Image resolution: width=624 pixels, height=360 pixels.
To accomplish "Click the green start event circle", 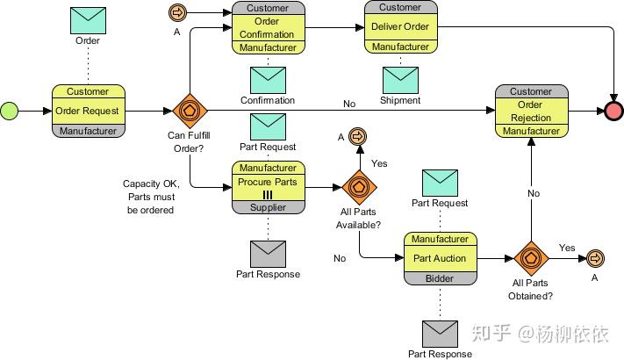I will [x=10, y=112].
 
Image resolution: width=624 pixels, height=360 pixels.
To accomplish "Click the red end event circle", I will [x=613, y=112].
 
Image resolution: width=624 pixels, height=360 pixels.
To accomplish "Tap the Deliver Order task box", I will [x=400, y=26].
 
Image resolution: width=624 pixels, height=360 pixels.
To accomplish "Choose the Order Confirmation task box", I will [x=268, y=28].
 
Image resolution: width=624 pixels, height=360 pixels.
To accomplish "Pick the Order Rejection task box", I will [x=531, y=112].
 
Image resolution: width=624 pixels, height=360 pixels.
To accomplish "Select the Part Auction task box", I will [x=440, y=258].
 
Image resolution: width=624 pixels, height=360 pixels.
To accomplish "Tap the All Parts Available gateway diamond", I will [x=358, y=187].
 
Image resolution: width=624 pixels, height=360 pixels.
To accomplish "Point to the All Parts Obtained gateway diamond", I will [x=530, y=258].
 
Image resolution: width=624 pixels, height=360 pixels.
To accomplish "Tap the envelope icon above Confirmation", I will [x=268, y=80].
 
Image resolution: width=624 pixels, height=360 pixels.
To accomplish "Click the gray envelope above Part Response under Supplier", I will [x=268, y=254].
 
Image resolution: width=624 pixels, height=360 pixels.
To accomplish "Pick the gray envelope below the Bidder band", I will [x=440, y=334].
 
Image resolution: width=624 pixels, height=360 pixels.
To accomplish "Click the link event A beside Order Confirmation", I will [x=176, y=12].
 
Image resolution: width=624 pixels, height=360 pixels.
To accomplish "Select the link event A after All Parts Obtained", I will [x=594, y=258].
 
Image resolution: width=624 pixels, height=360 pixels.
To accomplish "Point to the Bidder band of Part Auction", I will [x=440, y=278].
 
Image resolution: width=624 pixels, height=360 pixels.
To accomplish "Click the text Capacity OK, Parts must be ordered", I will [x=152, y=197].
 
